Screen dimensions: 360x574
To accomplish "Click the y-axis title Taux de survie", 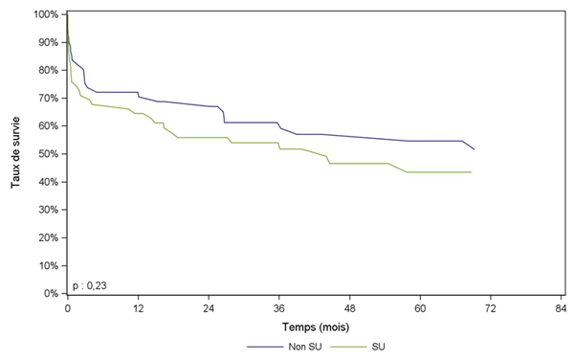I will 16,153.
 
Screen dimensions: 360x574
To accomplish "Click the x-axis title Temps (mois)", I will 314,326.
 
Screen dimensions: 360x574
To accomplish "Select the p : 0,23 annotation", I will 90,284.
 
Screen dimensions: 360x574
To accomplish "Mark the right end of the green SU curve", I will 472,172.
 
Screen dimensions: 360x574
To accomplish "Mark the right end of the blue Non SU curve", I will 474,149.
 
